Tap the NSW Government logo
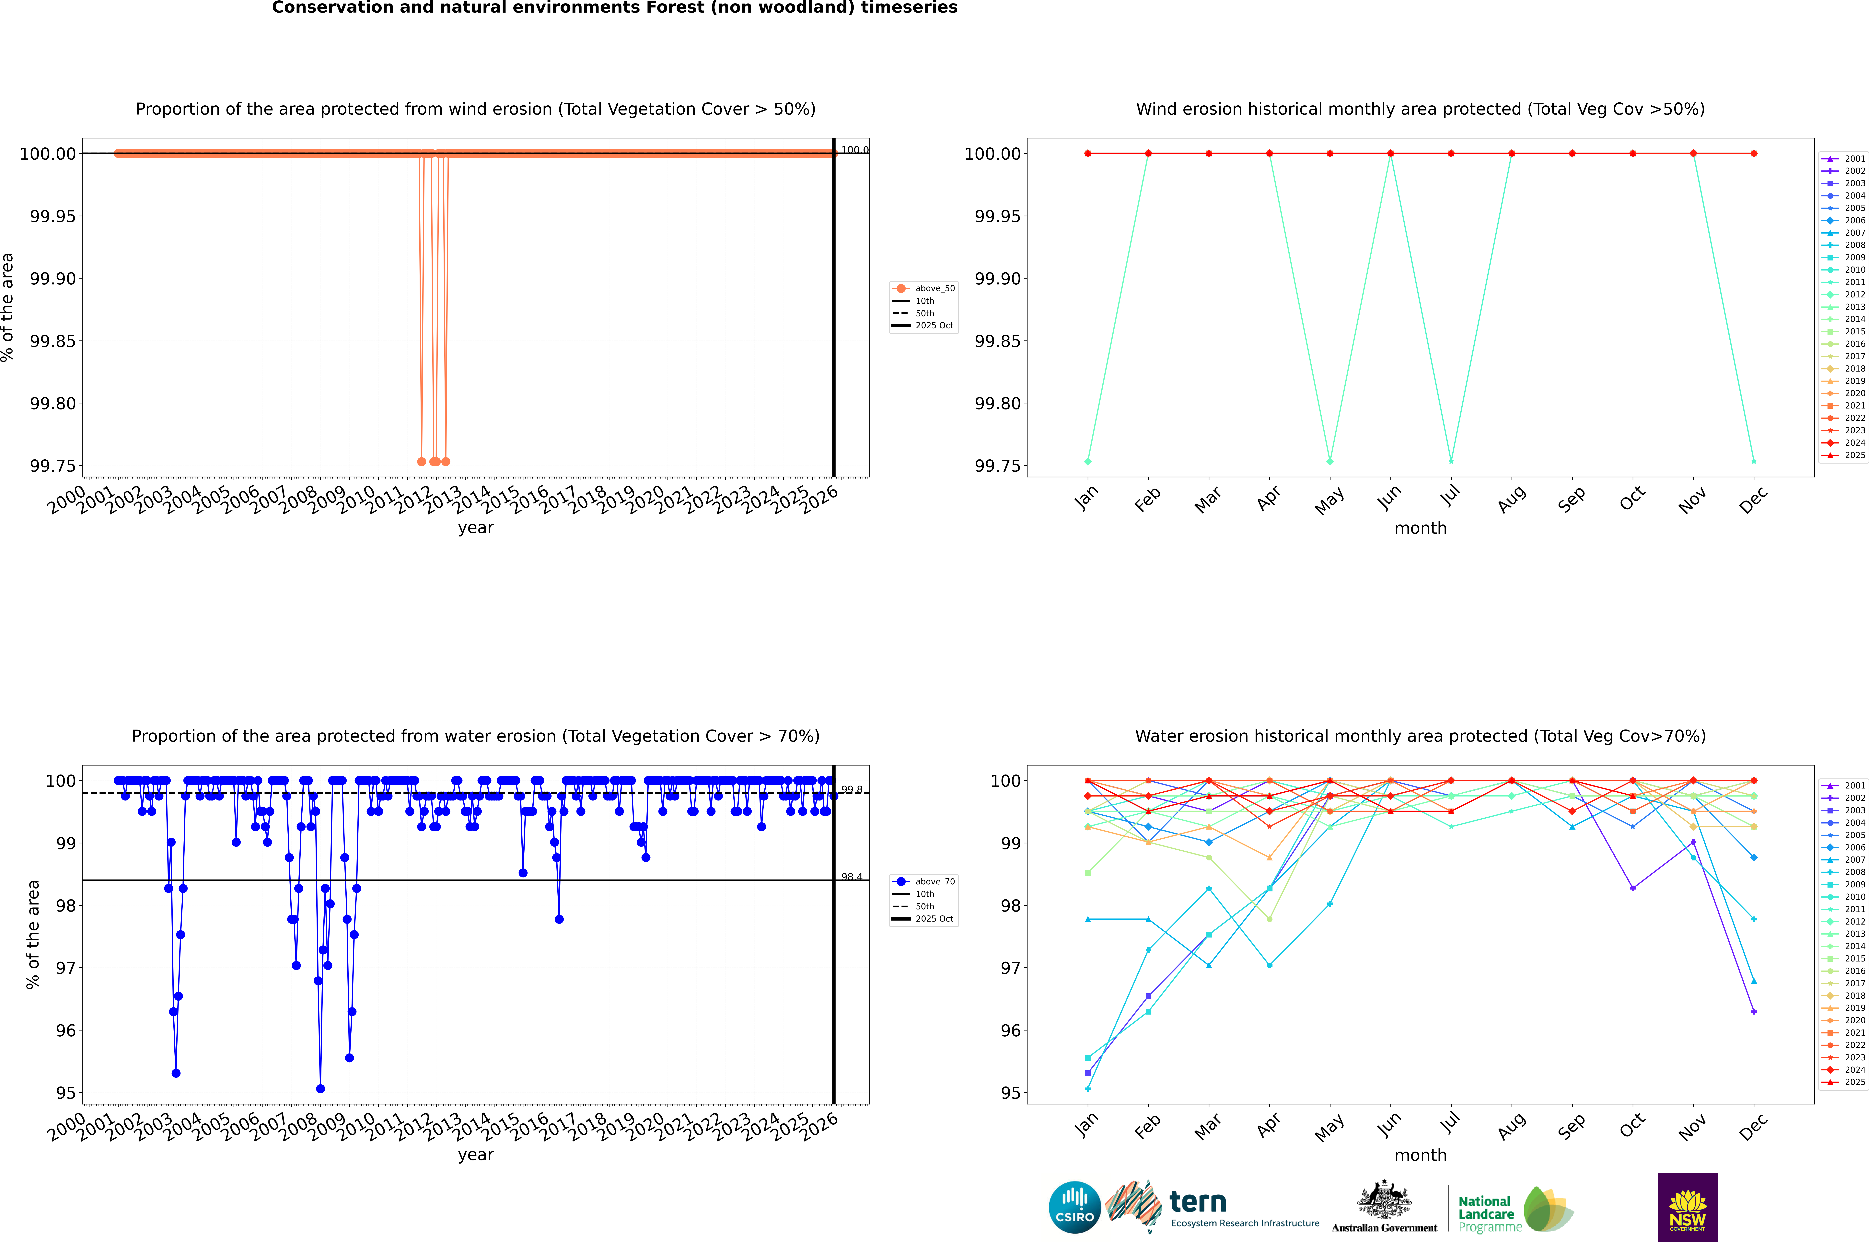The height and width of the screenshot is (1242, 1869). [1688, 1207]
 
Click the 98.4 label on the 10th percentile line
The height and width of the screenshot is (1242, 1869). [852, 877]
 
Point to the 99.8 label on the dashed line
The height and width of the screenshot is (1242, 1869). [852, 790]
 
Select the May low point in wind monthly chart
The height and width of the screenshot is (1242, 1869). [1330, 461]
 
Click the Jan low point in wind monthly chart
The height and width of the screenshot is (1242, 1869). [1088, 461]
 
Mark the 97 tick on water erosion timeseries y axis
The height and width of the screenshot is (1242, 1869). [66, 968]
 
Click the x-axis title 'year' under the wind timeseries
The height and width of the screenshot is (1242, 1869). [475, 528]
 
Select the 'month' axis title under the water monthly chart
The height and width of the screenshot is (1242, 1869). [1421, 1155]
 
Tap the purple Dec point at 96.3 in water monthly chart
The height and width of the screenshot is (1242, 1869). [1754, 1011]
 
